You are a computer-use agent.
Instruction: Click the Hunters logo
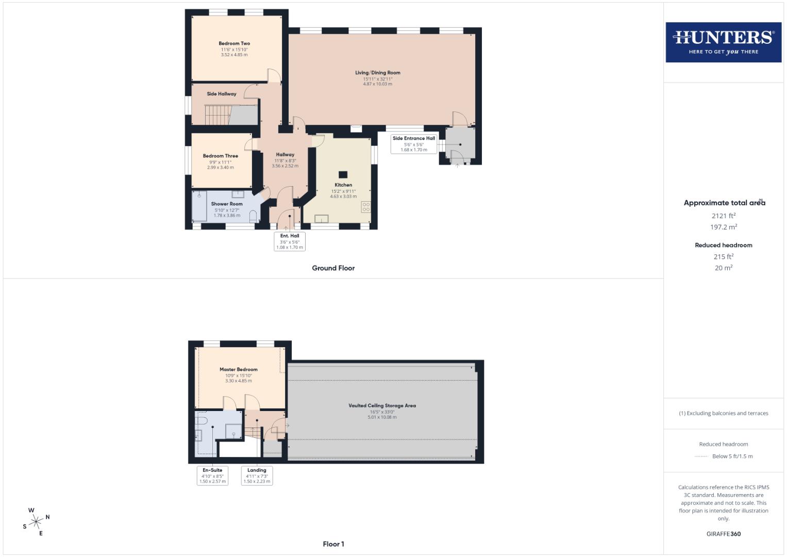pyautogui.click(x=723, y=42)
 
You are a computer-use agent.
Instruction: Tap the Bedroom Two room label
pyautogui.click(x=234, y=44)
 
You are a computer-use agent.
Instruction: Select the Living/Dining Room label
pyautogui.click(x=377, y=73)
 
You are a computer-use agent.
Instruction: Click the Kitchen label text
pyautogui.click(x=343, y=185)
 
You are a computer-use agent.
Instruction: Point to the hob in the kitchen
pyautogui.click(x=366, y=207)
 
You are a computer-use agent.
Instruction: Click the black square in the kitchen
pyautogui.click(x=343, y=174)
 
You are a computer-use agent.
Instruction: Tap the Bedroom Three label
pyautogui.click(x=220, y=156)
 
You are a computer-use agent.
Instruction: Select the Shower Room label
pyautogui.click(x=226, y=204)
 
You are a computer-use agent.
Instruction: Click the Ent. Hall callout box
pyautogui.click(x=290, y=241)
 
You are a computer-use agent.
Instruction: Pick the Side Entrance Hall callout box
pyautogui.click(x=414, y=143)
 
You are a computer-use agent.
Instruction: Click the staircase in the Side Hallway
pyautogui.click(x=216, y=114)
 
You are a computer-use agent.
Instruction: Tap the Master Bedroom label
pyautogui.click(x=238, y=369)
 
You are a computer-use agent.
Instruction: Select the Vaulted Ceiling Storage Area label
pyautogui.click(x=382, y=405)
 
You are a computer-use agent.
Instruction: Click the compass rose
pyautogui.click(x=36, y=522)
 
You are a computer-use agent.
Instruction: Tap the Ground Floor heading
pyautogui.click(x=333, y=268)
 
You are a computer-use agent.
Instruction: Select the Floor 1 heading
pyautogui.click(x=333, y=544)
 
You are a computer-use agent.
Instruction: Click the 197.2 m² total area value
pyautogui.click(x=723, y=227)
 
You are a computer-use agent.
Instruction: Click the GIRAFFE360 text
pyautogui.click(x=723, y=534)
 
